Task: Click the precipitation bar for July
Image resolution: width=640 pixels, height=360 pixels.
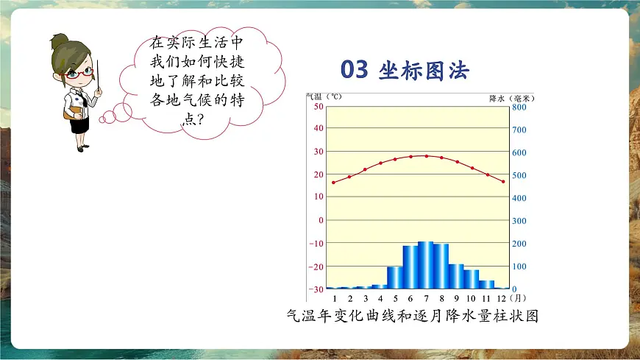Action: pyautogui.click(x=425, y=265)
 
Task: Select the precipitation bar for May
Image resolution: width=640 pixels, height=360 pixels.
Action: pyautogui.click(x=395, y=278)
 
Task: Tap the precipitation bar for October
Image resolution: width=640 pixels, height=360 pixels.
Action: pyautogui.click(x=471, y=279)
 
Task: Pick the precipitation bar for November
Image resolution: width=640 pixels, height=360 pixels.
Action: pyautogui.click(x=486, y=284)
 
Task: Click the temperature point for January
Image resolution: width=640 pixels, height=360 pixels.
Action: pyautogui.click(x=334, y=183)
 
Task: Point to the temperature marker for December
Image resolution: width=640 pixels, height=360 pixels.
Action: pyautogui.click(x=503, y=181)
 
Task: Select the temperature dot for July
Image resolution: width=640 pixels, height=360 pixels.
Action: pyautogui.click(x=426, y=156)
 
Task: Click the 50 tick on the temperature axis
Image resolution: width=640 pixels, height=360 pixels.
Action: pyautogui.click(x=318, y=107)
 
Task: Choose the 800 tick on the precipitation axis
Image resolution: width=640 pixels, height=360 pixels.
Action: pyautogui.click(x=519, y=107)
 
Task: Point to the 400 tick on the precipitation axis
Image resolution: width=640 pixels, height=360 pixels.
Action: pyautogui.click(x=519, y=198)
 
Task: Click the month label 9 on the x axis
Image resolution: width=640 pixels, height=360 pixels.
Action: pyautogui.click(x=456, y=299)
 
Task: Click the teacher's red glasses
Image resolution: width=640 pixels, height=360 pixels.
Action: pyautogui.click(x=80, y=72)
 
